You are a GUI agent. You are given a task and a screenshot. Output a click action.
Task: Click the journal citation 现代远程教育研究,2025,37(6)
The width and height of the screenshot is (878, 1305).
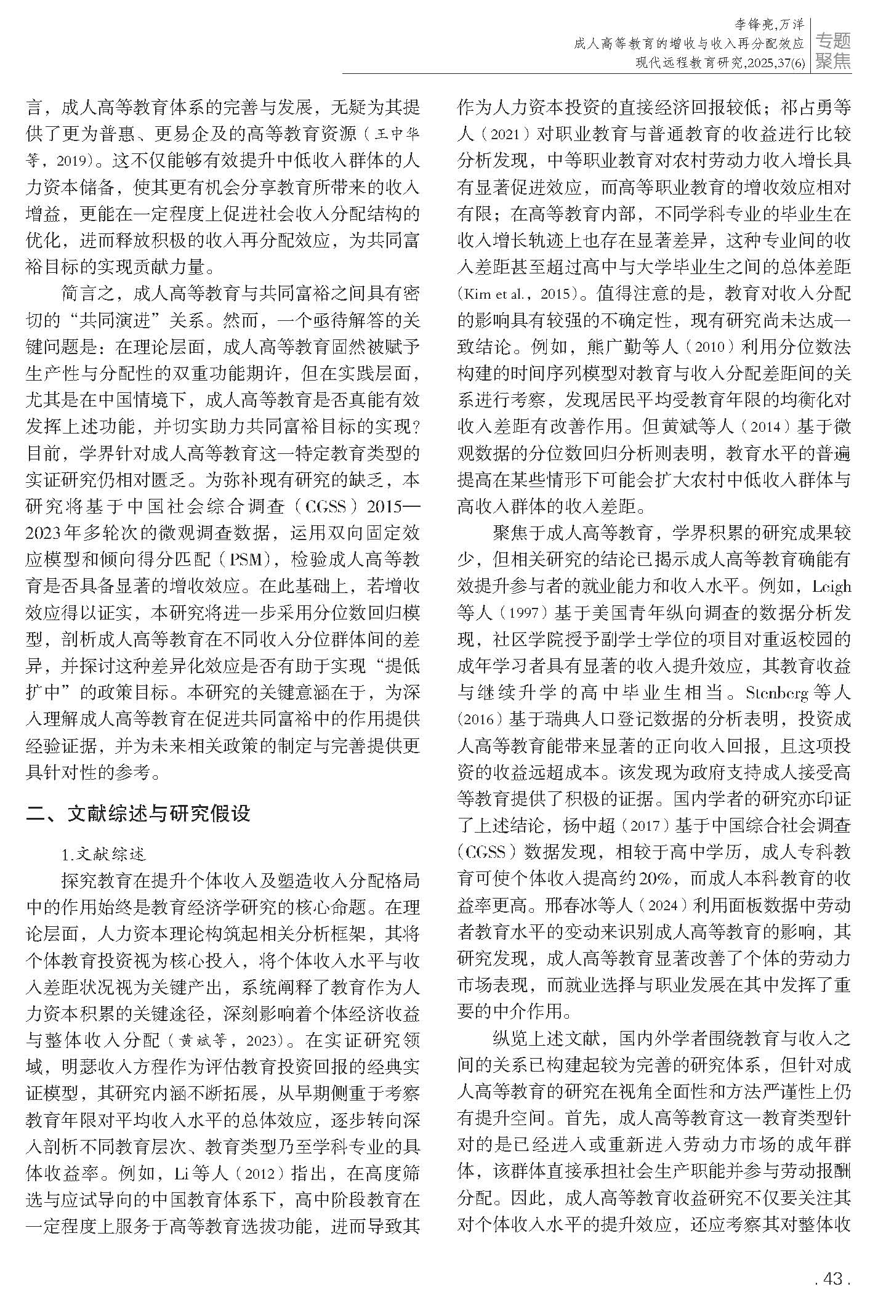(x=720, y=62)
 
